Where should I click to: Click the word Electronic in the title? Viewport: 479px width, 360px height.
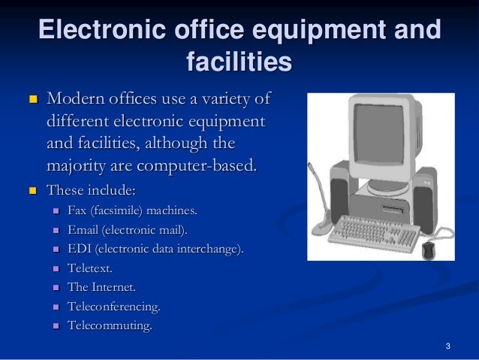93,31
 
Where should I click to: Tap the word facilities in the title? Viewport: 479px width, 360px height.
239,62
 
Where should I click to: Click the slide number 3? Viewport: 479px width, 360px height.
447,346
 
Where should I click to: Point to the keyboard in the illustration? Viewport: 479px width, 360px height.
378,232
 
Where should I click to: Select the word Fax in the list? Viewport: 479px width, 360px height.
77,209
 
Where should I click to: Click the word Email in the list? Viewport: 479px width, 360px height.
83,228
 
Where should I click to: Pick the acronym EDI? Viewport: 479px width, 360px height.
80,248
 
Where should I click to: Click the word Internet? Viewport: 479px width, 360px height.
114,287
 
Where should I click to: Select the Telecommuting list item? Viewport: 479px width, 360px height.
110,326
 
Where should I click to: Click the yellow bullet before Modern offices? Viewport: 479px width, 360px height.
32,99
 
